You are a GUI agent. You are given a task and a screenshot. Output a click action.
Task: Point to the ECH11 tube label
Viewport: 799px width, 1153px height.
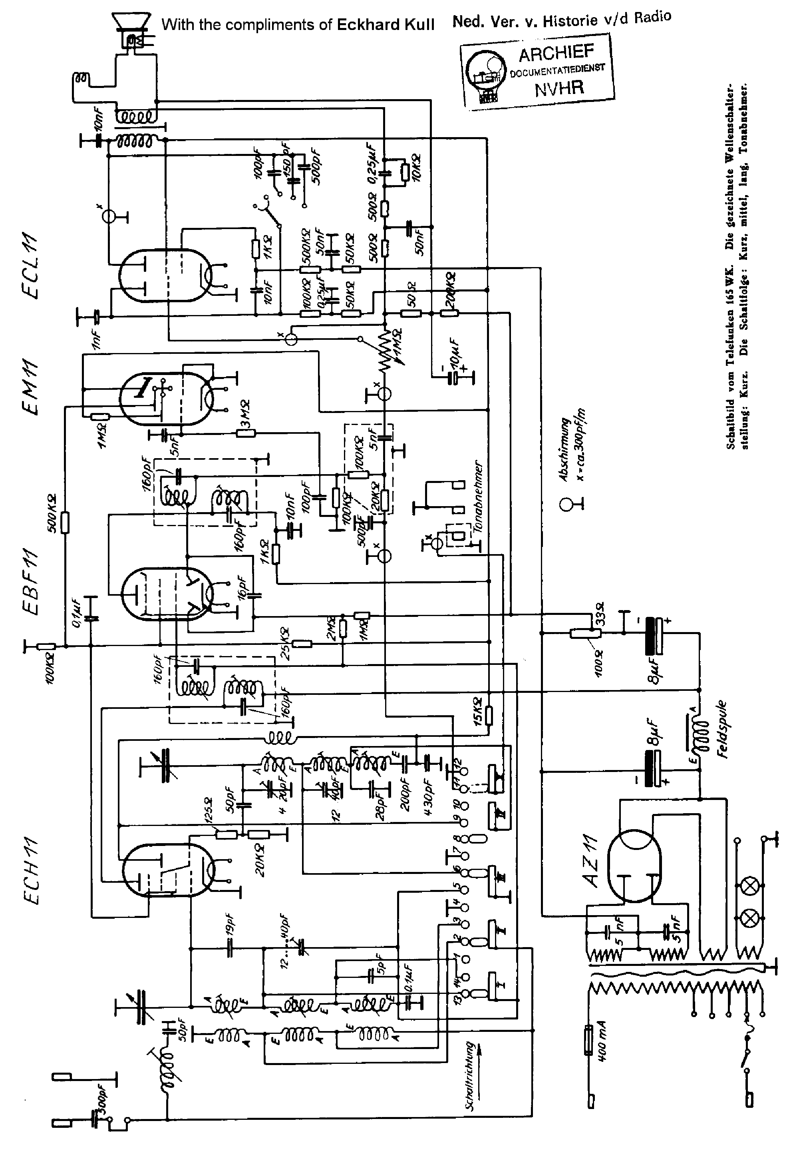[32, 871]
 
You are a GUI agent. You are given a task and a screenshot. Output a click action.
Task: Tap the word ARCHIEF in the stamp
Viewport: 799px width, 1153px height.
[556, 53]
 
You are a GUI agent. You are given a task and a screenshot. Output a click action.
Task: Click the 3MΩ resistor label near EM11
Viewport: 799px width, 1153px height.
[245, 416]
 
